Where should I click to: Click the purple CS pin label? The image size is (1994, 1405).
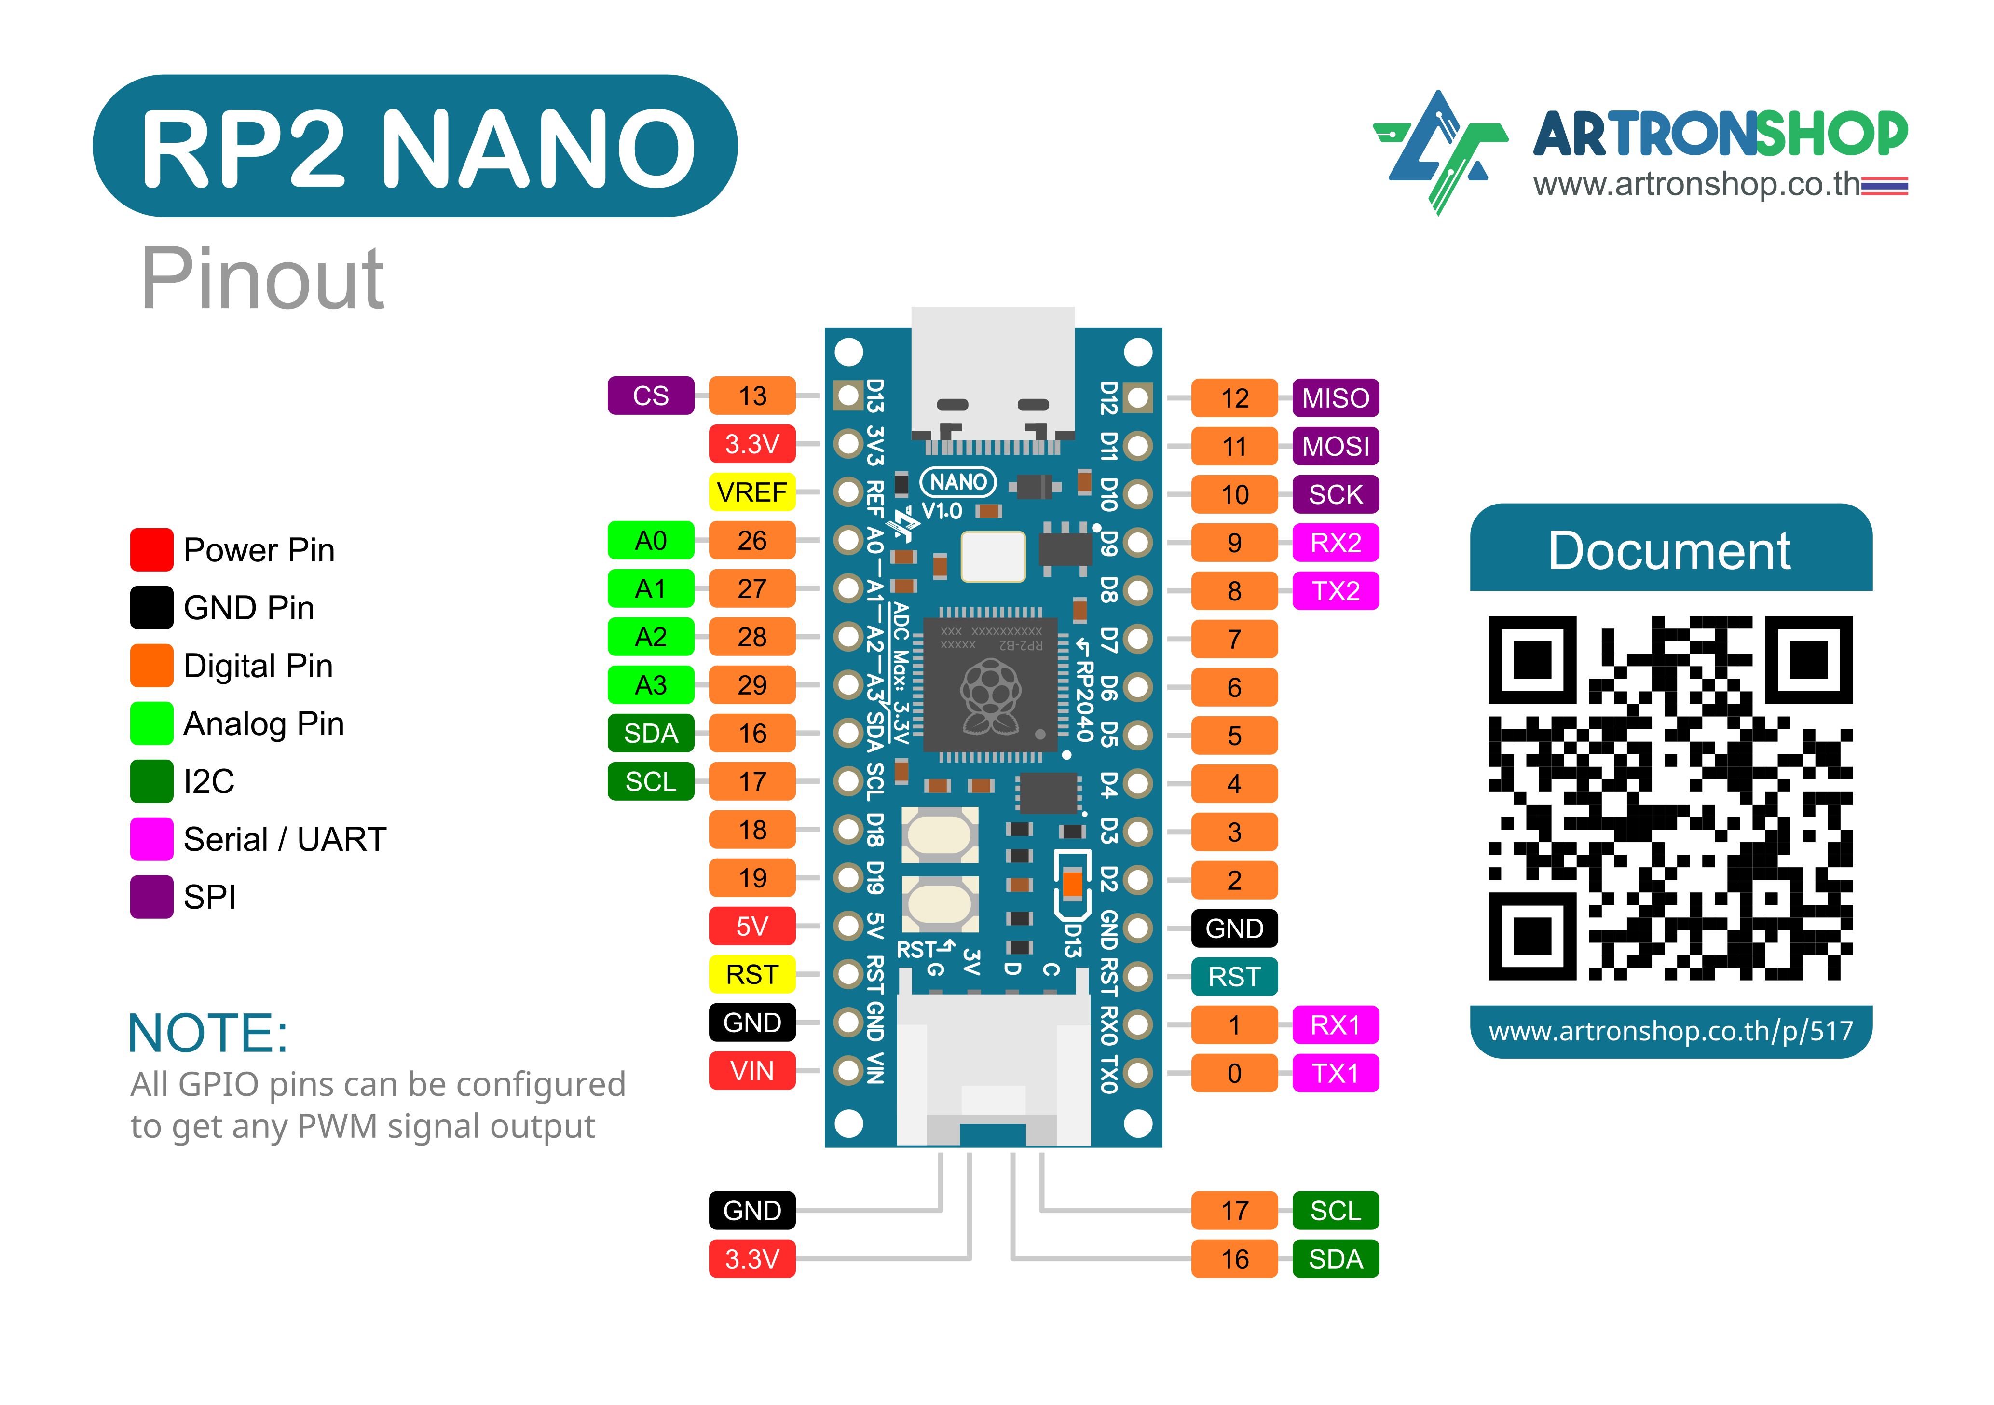point(651,396)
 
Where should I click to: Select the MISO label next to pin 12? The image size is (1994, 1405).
point(1335,398)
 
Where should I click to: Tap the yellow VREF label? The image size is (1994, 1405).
point(751,492)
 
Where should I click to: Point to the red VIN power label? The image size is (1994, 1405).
point(751,1071)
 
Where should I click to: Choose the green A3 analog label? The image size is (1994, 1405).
point(651,685)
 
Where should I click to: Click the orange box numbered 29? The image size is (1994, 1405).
point(751,685)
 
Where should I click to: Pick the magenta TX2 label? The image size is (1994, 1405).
point(1335,591)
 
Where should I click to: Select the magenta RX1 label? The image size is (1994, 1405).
point(1335,1024)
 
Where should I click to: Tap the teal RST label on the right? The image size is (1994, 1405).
point(1234,977)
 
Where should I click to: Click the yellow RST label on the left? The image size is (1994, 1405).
point(751,974)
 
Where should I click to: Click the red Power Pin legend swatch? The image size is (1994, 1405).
point(151,550)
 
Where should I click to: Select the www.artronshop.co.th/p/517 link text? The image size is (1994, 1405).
point(1670,1032)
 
